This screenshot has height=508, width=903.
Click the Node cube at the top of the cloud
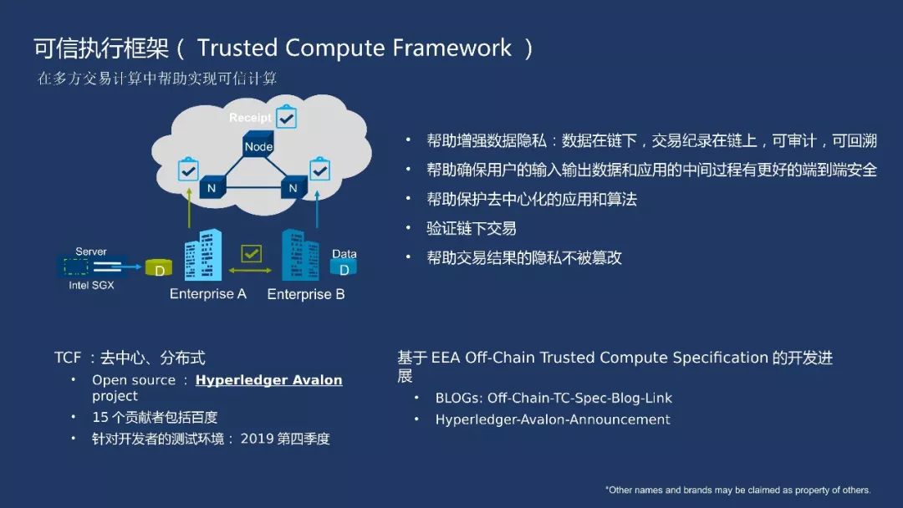(258, 144)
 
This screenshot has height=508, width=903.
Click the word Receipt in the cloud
(250, 118)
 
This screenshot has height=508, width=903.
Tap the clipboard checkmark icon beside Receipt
(287, 117)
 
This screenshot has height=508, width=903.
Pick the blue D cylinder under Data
(344, 267)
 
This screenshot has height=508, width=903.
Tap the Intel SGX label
(91, 285)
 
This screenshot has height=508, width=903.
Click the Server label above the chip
(91, 251)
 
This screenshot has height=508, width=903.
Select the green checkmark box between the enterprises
(251, 252)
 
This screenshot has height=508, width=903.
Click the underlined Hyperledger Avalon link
(268, 380)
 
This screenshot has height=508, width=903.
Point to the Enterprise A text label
(208, 294)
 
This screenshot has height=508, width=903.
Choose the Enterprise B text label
(306, 294)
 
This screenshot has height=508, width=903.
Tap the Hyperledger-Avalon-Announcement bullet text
(553, 419)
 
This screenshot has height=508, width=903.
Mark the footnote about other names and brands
(738, 490)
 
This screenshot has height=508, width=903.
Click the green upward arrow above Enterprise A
(190, 208)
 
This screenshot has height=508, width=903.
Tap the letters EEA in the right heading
(445, 358)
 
